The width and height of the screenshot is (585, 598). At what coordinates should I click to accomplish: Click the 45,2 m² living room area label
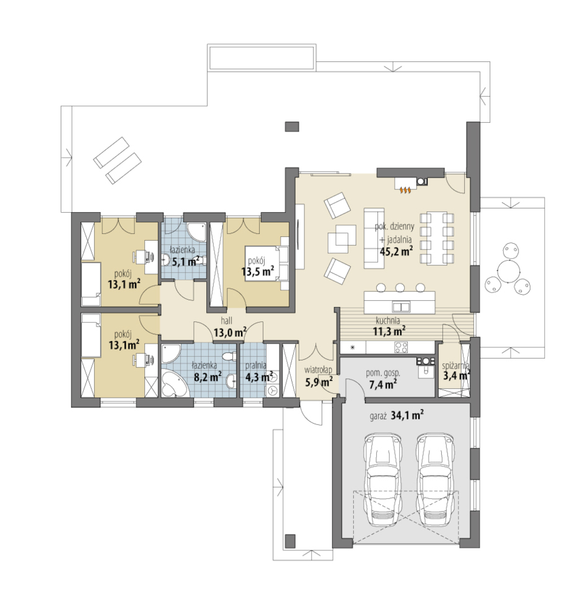pyautogui.click(x=397, y=251)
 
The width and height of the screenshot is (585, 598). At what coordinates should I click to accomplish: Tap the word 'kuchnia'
pyautogui.click(x=387, y=320)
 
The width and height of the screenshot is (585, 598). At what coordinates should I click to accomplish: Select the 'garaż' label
pyautogui.click(x=378, y=416)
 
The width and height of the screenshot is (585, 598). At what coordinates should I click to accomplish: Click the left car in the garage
pyautogui.click(x=382, y=484)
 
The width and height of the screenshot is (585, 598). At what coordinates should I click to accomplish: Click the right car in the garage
pyautogui.click(x=435, y=484)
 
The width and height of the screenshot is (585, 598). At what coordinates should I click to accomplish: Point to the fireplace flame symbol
pyautogui.click(x=404, y=189)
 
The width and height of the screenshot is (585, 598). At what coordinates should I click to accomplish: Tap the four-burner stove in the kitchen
pyautogui.click(x=402, y=347)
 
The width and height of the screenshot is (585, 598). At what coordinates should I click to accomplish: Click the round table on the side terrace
pyautogui.click(x=509, y=271)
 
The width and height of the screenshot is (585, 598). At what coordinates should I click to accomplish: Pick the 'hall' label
pyautogui.click(x=226, y=321)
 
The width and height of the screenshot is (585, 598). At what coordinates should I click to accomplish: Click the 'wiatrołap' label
pyautogui.click(x=318, y=370)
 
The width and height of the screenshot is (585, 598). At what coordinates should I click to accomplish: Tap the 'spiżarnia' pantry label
pyautogui.click(x=455, y=366)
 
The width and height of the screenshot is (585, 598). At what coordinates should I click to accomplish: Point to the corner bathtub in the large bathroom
pyautogui.click(x=174, y=385)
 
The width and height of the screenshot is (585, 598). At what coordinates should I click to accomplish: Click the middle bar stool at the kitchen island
pyautogui.click(x=400, y=287)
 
